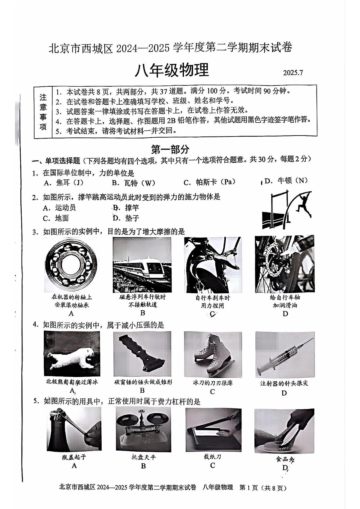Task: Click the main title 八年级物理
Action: (172, 71)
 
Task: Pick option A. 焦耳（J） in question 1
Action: (63, 183)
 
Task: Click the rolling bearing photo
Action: (71, 265)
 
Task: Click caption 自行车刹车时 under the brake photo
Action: (212, 298)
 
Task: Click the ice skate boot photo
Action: (212, 354)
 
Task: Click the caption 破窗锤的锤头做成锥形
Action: (143, 382)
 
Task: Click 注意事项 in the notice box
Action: (43, 112)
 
